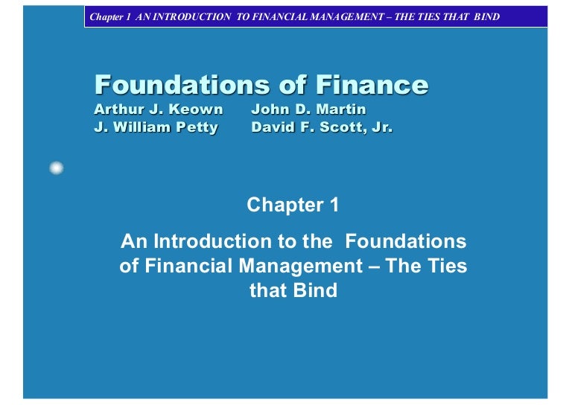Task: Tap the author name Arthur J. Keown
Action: click(159, 110)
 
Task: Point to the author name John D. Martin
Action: click(308, 110)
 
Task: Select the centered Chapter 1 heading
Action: click(293, 205)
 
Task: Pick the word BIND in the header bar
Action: click(486, 16)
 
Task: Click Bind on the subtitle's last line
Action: click(316, 290)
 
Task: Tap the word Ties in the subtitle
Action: click(447, 266)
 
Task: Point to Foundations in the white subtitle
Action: click(406, 241)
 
